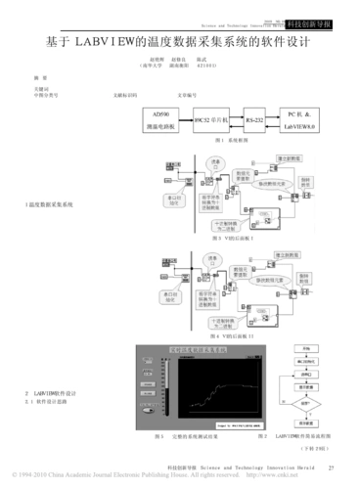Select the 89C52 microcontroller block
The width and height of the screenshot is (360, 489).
(x=211, y=118)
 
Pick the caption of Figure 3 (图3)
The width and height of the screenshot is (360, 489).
(x=225, y=238)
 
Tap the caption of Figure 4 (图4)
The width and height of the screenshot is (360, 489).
(x=226, y=335)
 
